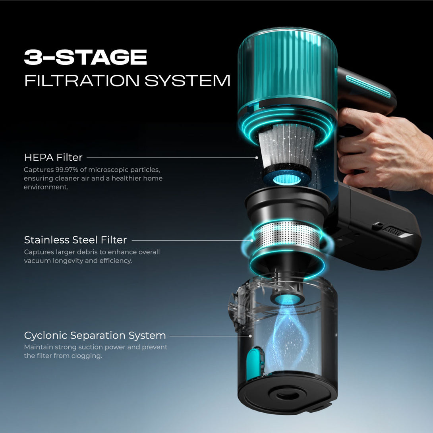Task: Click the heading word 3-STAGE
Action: point(85,57)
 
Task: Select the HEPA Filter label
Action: point(53,157)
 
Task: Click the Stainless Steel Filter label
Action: point(75,240)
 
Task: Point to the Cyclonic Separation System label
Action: point(95,335)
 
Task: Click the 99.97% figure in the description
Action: point(67,170)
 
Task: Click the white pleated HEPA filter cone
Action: point(287,146)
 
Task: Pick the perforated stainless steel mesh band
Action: point(288,235)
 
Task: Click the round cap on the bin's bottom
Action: point(286,395)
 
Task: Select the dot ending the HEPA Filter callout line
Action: point(257,158)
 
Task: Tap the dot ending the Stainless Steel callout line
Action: point(252,240)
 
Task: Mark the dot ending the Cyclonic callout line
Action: point(250,336)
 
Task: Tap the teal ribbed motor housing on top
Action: point(287,66)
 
